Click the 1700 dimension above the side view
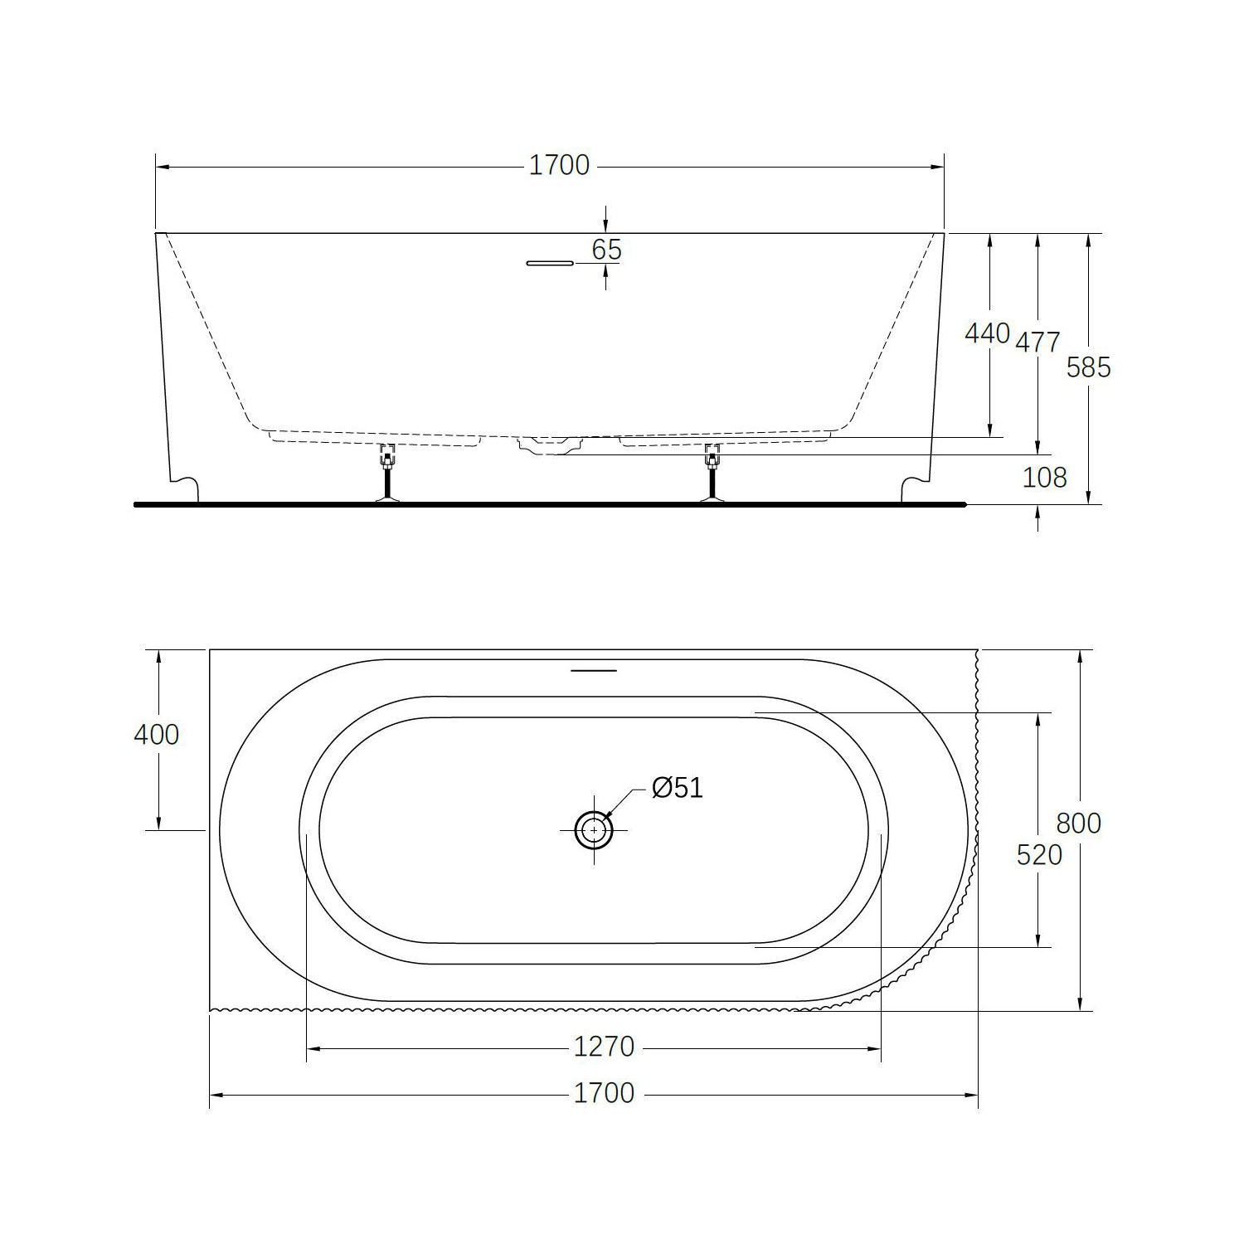(559, 166)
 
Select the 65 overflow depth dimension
(607, 249)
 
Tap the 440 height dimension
(987, 333)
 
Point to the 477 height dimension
(1037, 342)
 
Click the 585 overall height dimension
(1088, 367)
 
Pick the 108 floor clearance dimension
(1044, 478)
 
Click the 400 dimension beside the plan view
(156, 734)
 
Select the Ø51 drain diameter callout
(677, 787)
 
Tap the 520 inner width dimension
(1039, 854)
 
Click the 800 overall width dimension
(1078, 823)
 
